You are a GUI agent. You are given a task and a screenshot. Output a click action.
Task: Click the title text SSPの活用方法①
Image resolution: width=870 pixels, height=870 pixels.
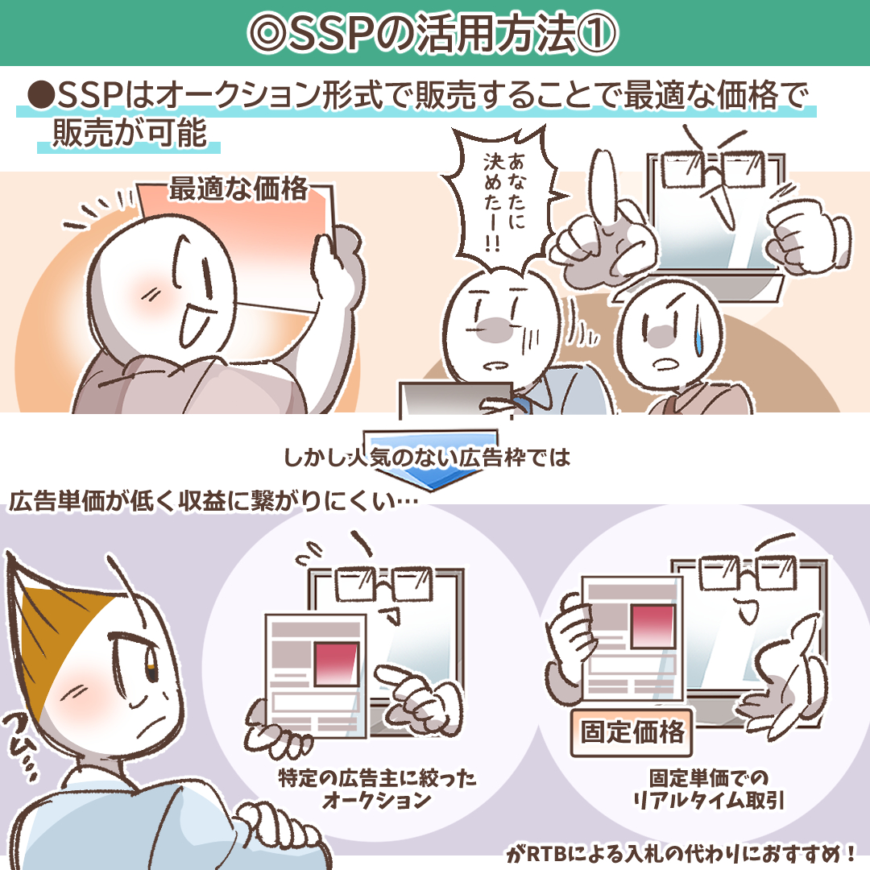point(433,33)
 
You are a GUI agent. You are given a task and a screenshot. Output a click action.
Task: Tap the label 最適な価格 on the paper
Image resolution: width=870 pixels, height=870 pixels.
point(238,188)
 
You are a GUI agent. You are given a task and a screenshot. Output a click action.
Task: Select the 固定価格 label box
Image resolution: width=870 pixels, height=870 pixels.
point(632,731)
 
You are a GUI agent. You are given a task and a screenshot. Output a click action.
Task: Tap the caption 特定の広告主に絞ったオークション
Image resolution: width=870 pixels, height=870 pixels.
point(377,789)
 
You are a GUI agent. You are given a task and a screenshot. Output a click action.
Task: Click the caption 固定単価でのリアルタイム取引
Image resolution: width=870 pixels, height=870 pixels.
point(709,789)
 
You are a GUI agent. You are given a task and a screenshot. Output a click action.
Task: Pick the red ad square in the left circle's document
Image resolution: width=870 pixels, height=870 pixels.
point(336,663)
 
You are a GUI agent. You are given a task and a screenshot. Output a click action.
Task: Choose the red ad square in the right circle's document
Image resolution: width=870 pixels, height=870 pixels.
point(652,626)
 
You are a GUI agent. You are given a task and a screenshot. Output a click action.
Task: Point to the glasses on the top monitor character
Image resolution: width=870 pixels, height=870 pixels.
point(714,169)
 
